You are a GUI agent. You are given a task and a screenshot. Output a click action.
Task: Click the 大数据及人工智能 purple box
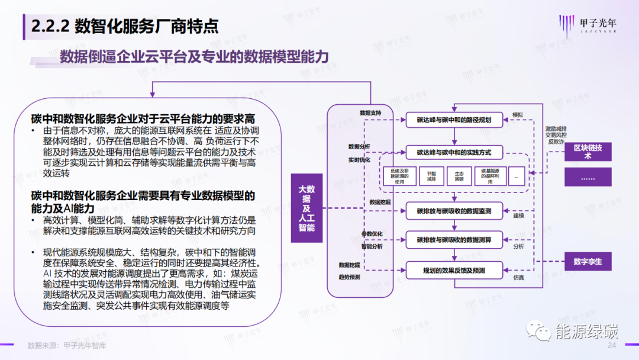click(306, 208)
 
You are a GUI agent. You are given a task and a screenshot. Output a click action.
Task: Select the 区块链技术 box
click(587, 152)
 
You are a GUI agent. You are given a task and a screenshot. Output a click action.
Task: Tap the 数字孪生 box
click(587, 261)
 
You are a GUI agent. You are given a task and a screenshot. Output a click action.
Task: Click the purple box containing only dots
click(587, 177)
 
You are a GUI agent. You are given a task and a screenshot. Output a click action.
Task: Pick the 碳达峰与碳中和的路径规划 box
click(454, 120)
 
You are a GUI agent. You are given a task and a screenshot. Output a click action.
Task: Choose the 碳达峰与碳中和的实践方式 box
click(454, 152)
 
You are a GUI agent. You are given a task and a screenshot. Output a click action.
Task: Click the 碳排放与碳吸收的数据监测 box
click(454, 210)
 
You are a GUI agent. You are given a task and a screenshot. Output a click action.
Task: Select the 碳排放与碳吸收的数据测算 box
click(454, 239)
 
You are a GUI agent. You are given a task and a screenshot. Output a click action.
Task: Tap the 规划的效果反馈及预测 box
click(454, 270)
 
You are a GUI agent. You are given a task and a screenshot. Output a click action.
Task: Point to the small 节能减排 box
click(427, 176)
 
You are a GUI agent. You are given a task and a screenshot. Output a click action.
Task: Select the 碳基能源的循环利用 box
click(490, 176)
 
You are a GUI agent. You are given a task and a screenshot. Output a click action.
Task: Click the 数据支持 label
click(370, 112)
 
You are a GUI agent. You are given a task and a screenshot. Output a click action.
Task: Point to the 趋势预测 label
click(350, 277)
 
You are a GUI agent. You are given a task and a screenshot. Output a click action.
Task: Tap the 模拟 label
click(518, 114)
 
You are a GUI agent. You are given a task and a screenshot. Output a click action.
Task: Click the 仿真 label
click(519, 277)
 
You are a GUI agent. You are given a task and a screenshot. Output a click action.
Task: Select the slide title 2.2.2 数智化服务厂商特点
click(124, 26)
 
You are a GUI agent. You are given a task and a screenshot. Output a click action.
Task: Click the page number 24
click(612, 346)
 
